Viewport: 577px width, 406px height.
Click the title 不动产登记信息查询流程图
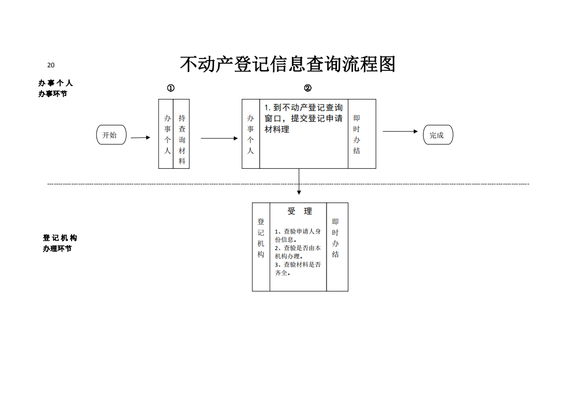pyautogui.click(x=287, y=64)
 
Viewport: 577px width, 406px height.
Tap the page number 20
pyautogui.click(x=51, y=65)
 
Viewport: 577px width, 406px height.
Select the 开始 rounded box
pyautogui.click(x=111, y=135)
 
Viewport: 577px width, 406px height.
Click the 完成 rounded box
pyautogui.click(x=438, y=135)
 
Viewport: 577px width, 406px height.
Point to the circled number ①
pyautogui.click(x=171, y=88)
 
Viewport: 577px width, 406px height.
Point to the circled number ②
pyautogui.click(x=307, y=88)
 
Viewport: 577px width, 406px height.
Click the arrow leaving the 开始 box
pyautogui.click(x=140, y=138)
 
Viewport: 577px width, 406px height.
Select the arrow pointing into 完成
pyautogui.click(x=400, y=131)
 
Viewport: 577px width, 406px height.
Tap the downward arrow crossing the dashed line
pyautogui.click(x=299, y=181)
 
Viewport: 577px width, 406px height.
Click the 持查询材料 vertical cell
pyautogui.click(x=181, y=134)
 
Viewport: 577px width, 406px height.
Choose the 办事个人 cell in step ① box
pyautogui.click(x=166, y=134)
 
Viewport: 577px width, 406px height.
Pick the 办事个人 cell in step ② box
pyautogui.click(x=250, y=134)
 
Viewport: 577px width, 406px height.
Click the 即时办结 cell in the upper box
pyautogui.click(x=362, y=134)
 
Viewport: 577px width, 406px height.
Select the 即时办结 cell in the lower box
pyautogui.click(x=337, y=247)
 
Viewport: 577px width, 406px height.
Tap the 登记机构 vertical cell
pyautogui.click(x=261, y=247)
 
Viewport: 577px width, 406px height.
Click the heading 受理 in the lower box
pyautogui.click(x=300, y=211)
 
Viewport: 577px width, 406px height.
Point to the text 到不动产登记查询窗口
pyautogui.click(x=304, y=113)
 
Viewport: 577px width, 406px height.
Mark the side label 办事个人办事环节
pyautogui.click(x=55, y=88)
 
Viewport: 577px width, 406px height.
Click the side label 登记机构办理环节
pyautogui.click(x=60, y=243)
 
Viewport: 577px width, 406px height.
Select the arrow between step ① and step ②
pyautogui.click(x=219, y=138)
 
